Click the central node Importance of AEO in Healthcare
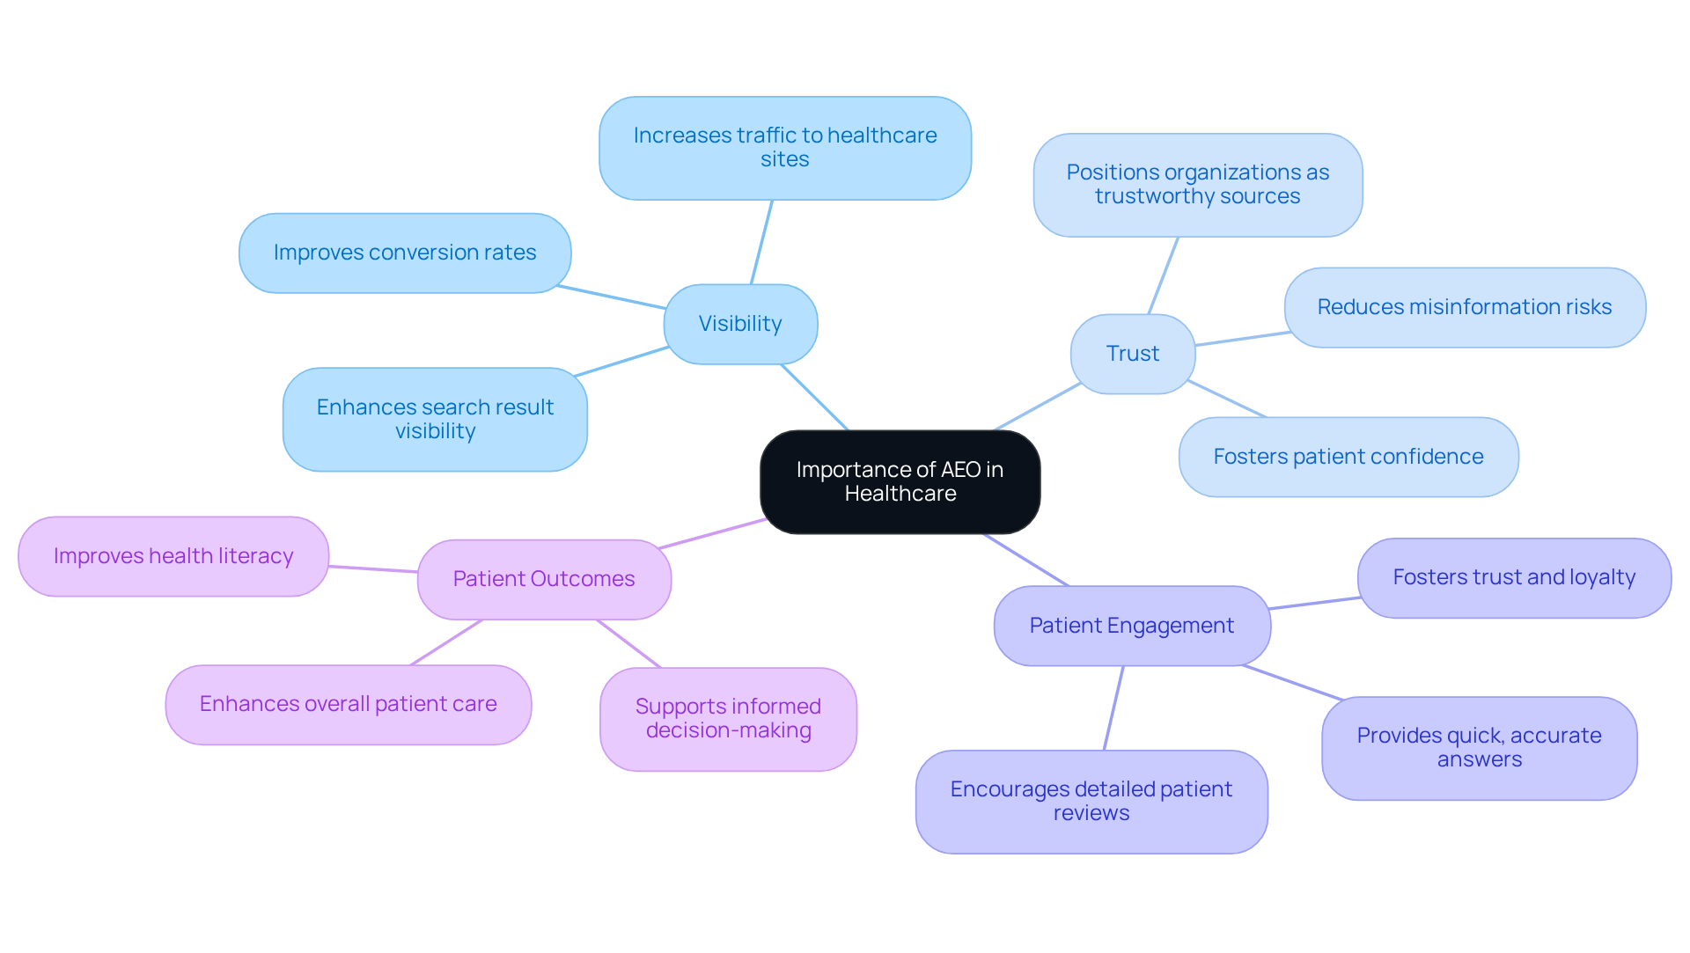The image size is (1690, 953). [x=900, y=481]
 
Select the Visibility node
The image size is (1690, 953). [x=740, y=324]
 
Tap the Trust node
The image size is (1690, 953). [x=1132, y=354]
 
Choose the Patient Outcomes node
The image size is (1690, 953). [x=544, y=579]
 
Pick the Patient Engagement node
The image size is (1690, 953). [x=1131, y=626]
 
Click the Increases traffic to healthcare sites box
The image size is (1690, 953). [x=784, y=148]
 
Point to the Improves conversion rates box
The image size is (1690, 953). [x=405, y=253]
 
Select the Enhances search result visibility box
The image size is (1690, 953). [x=435, y=419]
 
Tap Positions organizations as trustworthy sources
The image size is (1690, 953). [x=1197, y=185]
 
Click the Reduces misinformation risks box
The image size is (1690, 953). [x=1464, y=307]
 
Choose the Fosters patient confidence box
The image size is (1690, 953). [x=1348, y=457]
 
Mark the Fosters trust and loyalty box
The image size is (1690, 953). [x=1513, y=577]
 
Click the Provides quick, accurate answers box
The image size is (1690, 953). [x=1479, y=748]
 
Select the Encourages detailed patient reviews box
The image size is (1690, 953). [x=1091, y=801]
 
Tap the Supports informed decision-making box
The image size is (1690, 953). [x=728, y=719]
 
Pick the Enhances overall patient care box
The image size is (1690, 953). [x=348, y=704]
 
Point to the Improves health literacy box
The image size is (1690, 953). [x=173, y=556]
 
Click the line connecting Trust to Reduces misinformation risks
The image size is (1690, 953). [x=1243, y=339]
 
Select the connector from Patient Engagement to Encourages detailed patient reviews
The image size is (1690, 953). [x=1113, y=708]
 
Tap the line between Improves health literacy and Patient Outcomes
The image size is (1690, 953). [x=373, y=569]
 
